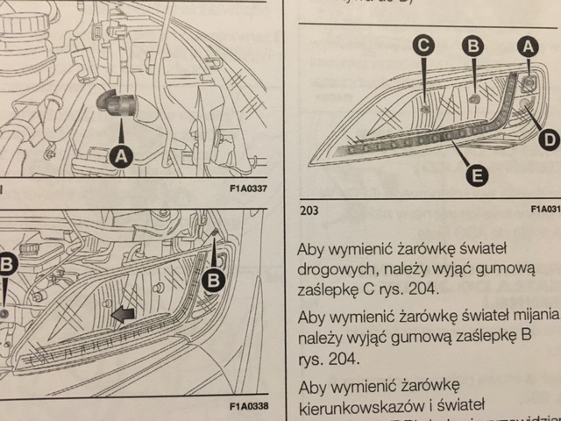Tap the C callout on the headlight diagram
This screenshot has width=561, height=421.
point(424,48)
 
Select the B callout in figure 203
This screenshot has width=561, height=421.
point(473,48)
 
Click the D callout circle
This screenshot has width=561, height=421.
point(547,138)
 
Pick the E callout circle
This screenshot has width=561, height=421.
point(476,177)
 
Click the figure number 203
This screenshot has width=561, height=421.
point(311,211)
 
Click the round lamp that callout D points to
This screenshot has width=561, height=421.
point(526,107)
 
